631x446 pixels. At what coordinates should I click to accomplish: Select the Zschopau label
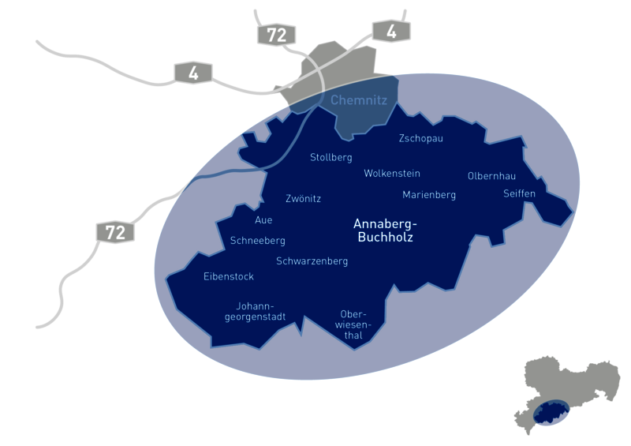coord(421,139)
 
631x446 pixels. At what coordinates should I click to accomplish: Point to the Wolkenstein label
coord(392,174)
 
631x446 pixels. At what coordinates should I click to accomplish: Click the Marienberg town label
coord(429,194)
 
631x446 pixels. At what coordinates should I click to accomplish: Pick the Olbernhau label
coord(492,175)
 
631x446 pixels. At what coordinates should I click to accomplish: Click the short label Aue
coord(263,220)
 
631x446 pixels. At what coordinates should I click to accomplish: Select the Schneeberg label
coord(258,241)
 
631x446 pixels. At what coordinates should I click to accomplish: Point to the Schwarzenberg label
coord(312,260)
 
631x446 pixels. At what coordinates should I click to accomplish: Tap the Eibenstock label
coord(230,276)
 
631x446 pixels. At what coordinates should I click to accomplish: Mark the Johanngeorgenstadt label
coord(254,311)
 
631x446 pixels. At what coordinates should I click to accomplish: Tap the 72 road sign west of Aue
coord(115,232)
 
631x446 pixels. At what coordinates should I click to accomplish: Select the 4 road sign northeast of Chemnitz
coord(392,31)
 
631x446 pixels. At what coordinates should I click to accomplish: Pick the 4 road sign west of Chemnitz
coord(192,73)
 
